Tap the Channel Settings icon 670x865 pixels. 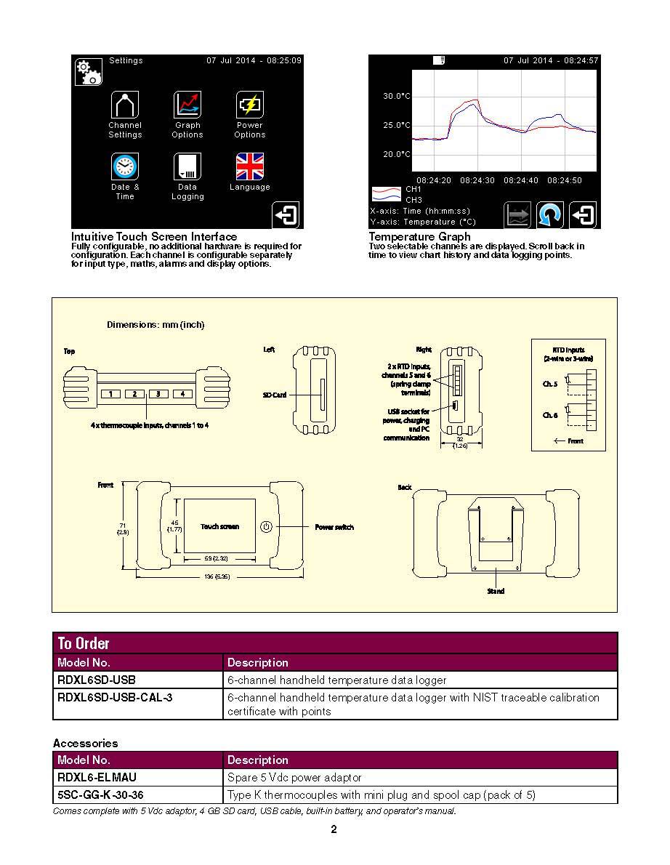coord(124,105)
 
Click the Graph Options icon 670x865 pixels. coord(187,105)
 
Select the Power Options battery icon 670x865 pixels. coord(249,105)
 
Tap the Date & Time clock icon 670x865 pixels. coord(124,166)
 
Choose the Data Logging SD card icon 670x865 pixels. coord(187,166)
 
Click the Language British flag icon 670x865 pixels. coord(249,166)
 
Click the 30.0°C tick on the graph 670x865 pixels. coord(397,96)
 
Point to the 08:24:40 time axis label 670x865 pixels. coord(520,180)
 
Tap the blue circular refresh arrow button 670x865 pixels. coord(550,215)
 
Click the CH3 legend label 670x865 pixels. coord(413,200)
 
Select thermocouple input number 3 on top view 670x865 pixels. coord(158,394)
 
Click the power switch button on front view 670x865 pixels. coord(266,527)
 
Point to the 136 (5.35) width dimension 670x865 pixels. coord(217,576)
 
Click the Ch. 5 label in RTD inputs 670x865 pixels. coord(550,384)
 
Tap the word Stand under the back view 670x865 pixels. coord(496,592)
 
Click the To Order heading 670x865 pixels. coord(84,643)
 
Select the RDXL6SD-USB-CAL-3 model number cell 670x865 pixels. coord(115,697)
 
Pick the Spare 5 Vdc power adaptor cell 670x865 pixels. coord(294,778)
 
